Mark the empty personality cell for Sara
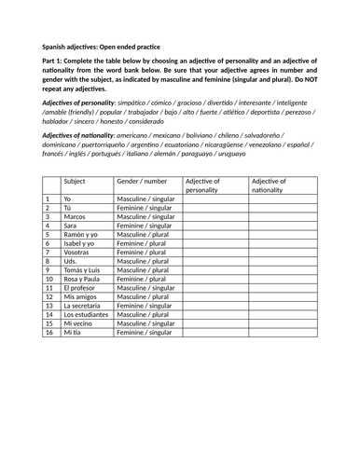tap(215, 226)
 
